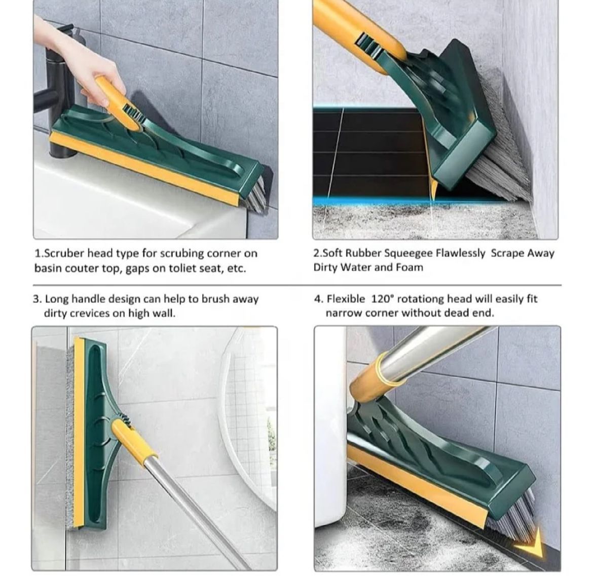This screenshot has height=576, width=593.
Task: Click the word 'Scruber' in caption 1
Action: click(x=65, y=253)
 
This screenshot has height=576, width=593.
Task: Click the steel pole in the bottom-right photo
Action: click(x=431, y=350)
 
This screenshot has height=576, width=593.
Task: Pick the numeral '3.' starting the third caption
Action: click(x=37, y=299)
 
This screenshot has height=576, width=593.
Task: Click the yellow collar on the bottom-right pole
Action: click(x=372, y=377)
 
